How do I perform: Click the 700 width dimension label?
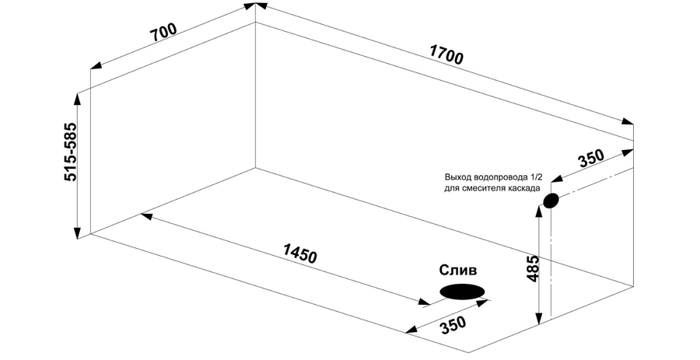click(x=163, y=32)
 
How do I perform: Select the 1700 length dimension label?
click(x=446, y=54)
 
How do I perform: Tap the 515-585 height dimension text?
click(x=71, y=152)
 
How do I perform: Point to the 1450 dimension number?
click(x=299, y=254)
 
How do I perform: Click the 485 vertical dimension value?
click(x=533, y=268)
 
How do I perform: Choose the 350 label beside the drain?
click(x=453, y=326)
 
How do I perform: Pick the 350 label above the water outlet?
click(x=590, y=159)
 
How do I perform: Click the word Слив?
click(x=458, y=271)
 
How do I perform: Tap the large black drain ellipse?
click(x=462, y=292)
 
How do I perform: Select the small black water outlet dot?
click(x=551, y=201)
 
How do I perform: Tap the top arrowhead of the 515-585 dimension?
click(x=78, y=100)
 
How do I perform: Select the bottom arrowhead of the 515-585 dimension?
click(x=78, y=232)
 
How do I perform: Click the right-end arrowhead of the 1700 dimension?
click(x=627, y=122)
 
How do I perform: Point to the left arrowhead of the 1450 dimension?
click(x=147, y=216)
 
